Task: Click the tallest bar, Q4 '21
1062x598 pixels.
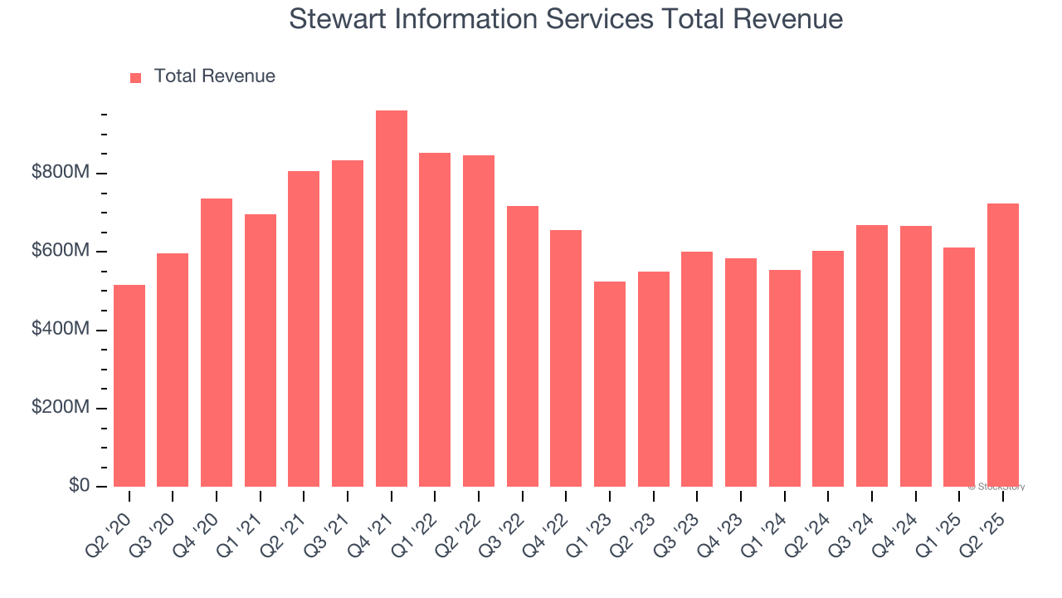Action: coord(391,299)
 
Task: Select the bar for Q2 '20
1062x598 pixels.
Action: coord(129,386)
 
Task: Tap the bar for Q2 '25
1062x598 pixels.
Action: coord(1002,345)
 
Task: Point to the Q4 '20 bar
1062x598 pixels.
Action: coord(217,342)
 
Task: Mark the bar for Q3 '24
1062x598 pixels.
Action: coord(871,355)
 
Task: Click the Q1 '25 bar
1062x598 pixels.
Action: coord(959,367)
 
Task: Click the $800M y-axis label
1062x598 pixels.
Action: coord(60,173)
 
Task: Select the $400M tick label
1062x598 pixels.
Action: coord(60,330)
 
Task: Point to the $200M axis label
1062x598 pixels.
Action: coord(60,408)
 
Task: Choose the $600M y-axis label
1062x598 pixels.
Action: coord(60,251)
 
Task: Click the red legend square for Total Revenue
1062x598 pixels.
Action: coord(136,77)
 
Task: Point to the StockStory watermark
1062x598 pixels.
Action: coord(996,487)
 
